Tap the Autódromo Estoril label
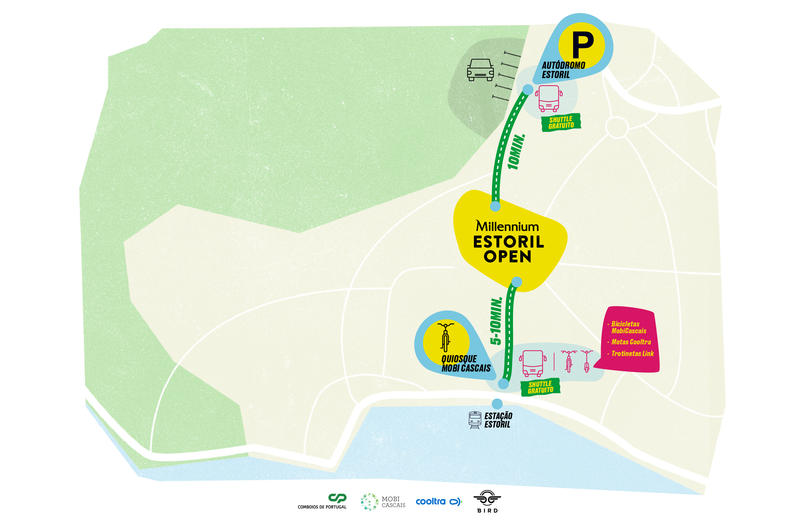point(563,70)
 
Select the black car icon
point(480,70)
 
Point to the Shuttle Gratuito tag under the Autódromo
point(561,122)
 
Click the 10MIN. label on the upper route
point(516,152)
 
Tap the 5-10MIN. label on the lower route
point(496,321)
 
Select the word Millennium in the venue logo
point(507,226)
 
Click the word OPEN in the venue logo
point(507,257)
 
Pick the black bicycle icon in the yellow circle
point(446,337)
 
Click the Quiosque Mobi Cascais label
point(466,364)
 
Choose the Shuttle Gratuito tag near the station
point(540,387)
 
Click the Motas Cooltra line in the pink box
point(631,342)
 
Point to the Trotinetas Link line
point(632,354)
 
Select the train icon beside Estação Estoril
point(475,420)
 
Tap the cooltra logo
point(438,502)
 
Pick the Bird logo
point(487,501)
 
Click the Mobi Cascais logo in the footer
point(383,502)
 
